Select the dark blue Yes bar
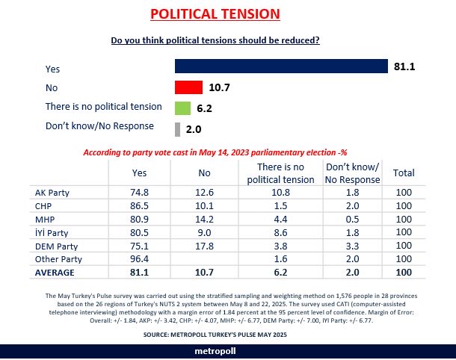pos(281,67)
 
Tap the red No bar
pos(188,87)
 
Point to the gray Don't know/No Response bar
pos(177,128)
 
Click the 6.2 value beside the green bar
pos(204,108)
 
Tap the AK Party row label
pos(53,192)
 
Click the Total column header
pos(404,173)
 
